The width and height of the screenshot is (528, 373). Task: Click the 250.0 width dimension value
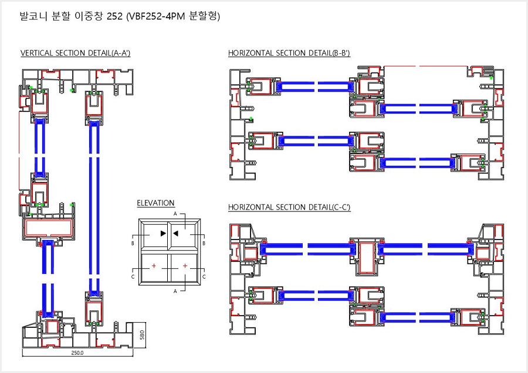click(x=77, y=353)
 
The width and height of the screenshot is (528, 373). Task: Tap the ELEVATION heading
click(x=155, y=203)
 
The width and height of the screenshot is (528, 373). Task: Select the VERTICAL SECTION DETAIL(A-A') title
click(x=75, y=53)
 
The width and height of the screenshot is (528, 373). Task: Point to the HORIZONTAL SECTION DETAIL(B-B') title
click(x=289, y=53)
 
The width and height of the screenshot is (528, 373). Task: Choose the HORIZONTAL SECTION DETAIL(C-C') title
click(x=289, y=207)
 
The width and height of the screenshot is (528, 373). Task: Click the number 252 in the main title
click(x=114, y=16)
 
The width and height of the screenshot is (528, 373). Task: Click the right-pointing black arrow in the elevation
click(x=163, y=233)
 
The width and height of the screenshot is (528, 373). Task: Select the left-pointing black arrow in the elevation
click(x=175, y=233)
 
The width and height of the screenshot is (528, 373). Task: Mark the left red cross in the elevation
click(x=154, y=266)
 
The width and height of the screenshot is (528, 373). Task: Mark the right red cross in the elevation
click(x=185, y=266)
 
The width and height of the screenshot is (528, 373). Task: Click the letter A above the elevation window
click(x=175, y=214)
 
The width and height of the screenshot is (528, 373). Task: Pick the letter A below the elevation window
click(x=175, y=291)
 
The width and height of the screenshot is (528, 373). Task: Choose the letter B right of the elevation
click(x=204, y=242)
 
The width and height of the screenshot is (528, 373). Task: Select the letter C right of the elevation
click(x=204, y=276)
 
